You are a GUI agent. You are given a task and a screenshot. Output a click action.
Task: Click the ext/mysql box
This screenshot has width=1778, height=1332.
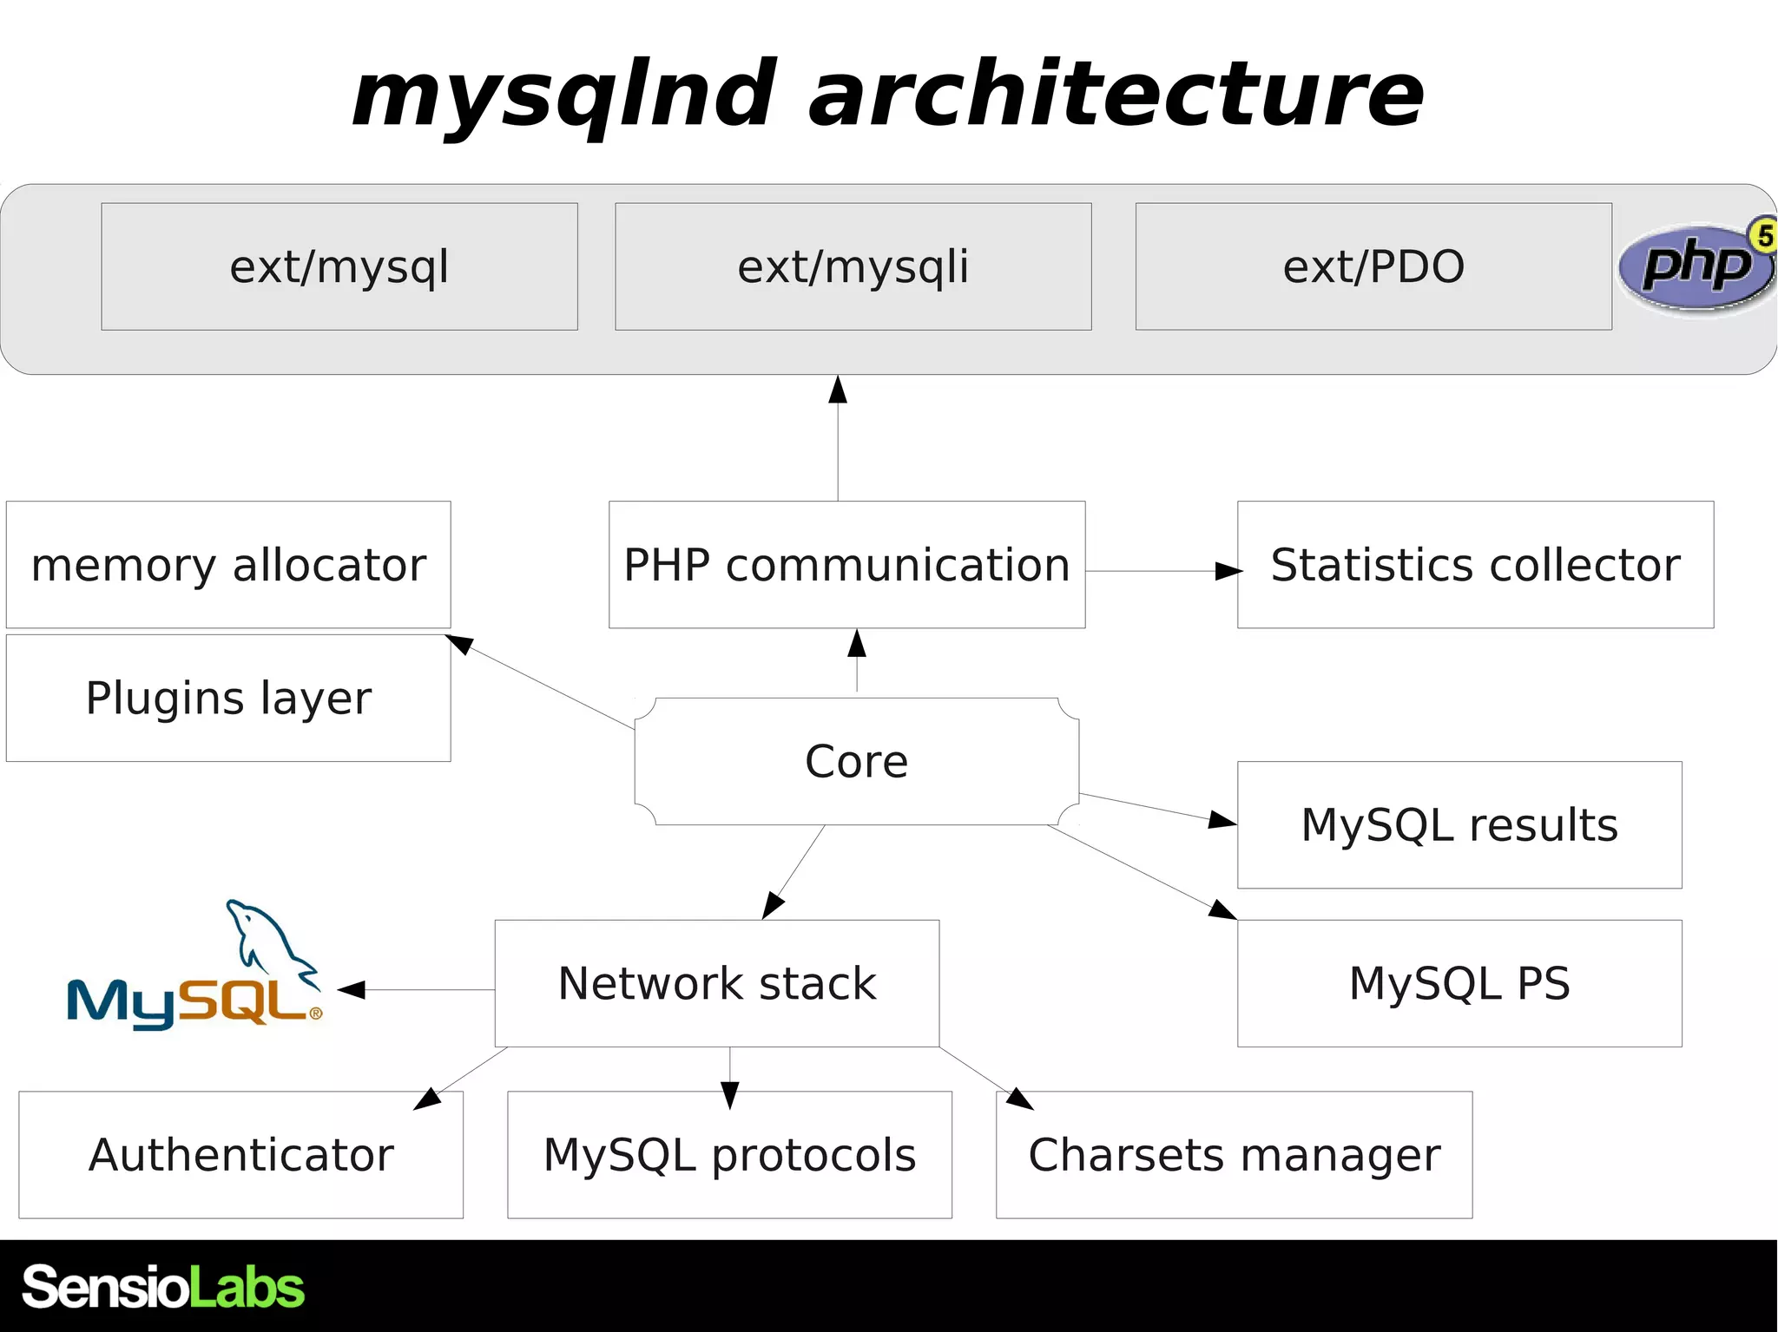click(339, 266)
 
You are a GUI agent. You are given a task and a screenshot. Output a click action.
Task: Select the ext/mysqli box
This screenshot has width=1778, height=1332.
click(853, 266)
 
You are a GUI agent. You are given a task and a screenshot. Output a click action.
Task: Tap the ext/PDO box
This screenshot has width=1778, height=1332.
click(1373, 266)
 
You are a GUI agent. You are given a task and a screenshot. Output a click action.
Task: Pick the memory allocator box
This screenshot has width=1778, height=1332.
click(228, 565)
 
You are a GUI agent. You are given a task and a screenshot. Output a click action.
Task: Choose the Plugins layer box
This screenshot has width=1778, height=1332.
click(228, 699)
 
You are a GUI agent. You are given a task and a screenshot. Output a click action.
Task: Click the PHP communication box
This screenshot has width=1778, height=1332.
click(846, 565)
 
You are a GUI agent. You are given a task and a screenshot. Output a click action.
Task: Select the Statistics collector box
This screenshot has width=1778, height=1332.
click(1475, 565)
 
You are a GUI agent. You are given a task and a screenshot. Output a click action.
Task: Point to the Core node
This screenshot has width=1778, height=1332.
click(857, 762)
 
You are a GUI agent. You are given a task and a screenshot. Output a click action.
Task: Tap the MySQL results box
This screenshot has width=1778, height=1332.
click(1459, 825)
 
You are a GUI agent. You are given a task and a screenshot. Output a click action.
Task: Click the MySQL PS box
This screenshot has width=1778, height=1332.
click(1459, 983)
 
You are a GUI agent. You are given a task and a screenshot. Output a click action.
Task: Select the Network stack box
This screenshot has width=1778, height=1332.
click(717, 983)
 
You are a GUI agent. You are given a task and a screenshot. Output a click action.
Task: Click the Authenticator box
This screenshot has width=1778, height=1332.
click(240, 1155)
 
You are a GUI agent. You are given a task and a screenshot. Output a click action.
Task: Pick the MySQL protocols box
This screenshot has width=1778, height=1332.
click(729, 1155)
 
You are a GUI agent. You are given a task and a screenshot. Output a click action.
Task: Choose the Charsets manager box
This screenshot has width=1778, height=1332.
click(1234, 1155)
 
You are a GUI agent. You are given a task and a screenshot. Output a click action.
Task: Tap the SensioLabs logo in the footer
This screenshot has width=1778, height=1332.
click(163, 1286)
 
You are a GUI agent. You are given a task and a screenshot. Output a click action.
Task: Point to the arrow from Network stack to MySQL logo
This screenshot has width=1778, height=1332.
click(417, 989)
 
